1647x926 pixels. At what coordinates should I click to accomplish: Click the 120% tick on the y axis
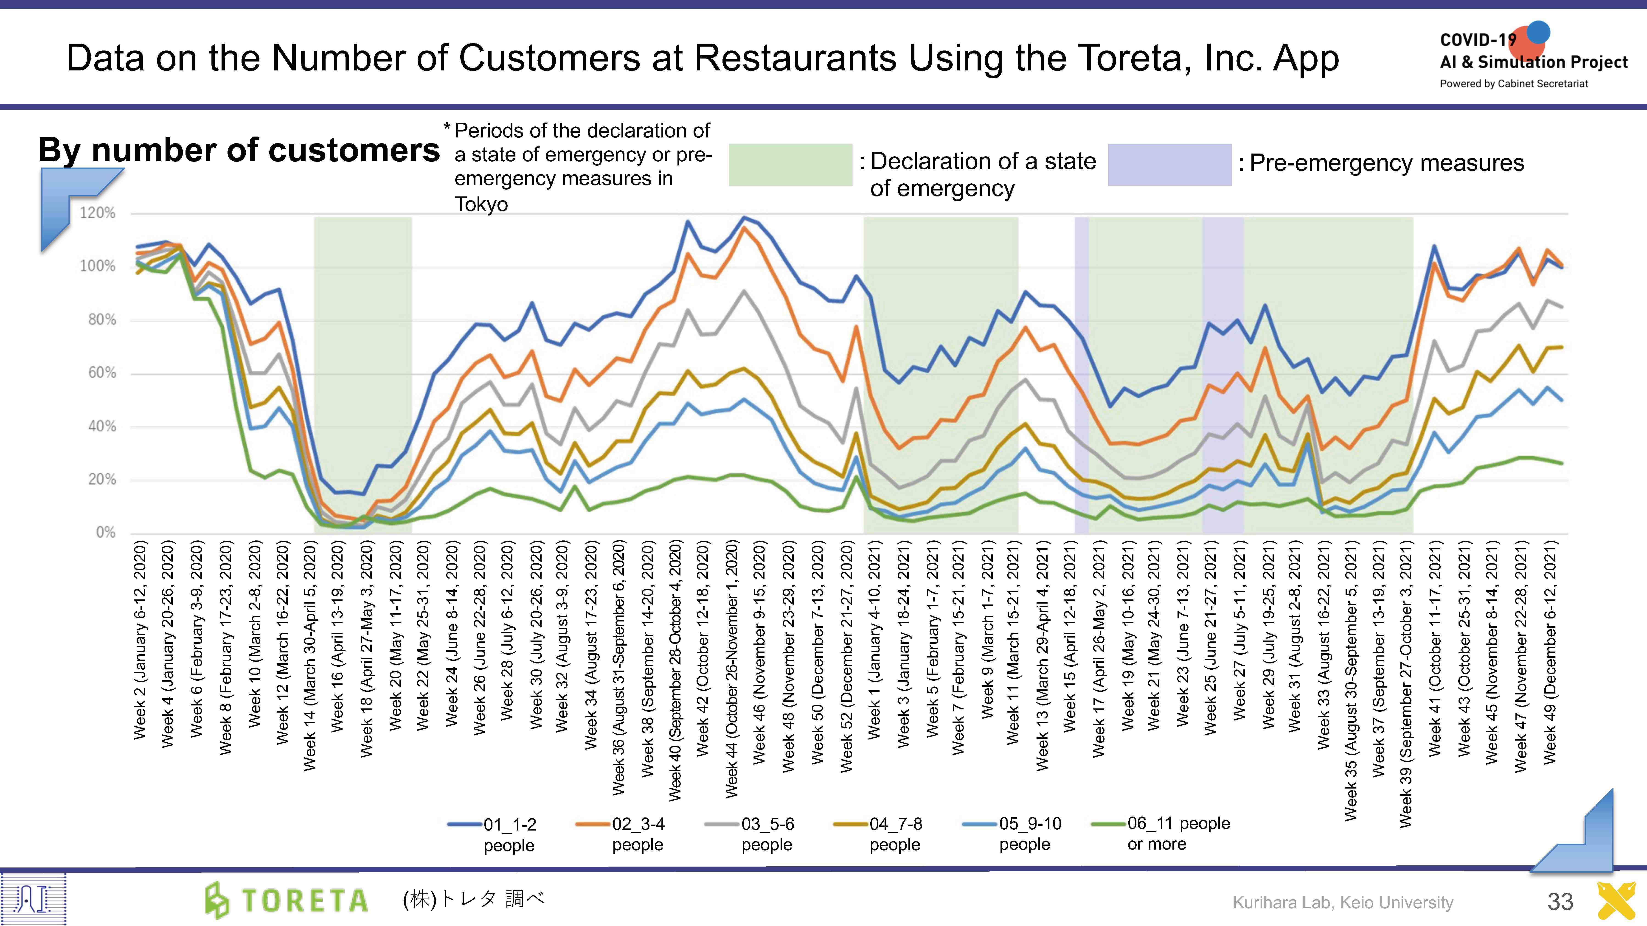coord(97,213)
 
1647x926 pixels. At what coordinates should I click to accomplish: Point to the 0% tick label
coord(106,532)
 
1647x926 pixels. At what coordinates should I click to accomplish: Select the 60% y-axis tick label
coord(102,372)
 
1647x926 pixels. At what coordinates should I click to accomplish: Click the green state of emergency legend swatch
coord(790,165)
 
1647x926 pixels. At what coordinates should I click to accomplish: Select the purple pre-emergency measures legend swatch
coord(1169,165)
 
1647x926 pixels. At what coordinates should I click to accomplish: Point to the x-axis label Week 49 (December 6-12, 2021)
coord(1550,652)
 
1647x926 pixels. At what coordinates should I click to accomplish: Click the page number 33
coord(1560,901)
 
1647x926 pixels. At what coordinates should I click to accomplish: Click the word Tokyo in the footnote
coord(481,204)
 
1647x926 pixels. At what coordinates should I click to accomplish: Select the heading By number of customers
coord(239,150)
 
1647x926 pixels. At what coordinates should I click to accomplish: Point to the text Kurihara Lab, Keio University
coord(1343,902)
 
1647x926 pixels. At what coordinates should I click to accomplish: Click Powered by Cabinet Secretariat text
coord(1513,84)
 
